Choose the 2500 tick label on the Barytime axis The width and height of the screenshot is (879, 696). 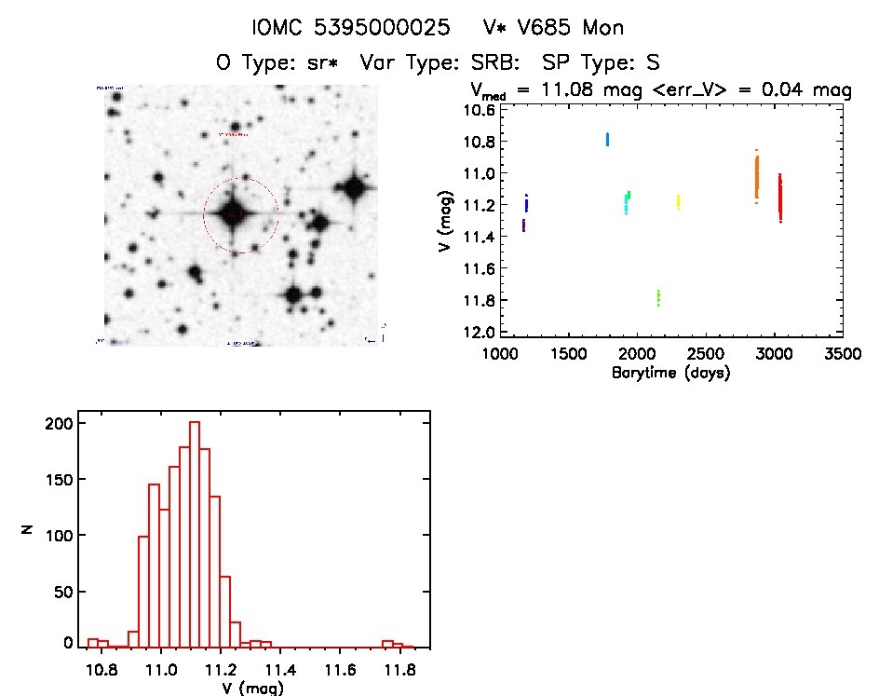[706, 355]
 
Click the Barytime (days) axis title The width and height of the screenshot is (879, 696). [671, 373]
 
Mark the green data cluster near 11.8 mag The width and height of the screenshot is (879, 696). [658, 297]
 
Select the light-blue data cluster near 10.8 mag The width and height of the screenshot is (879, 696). [607, 139]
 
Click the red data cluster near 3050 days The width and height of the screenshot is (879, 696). [779, 198]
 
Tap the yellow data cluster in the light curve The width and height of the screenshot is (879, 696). [678, 201]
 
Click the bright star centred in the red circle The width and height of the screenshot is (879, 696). [234, 213]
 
